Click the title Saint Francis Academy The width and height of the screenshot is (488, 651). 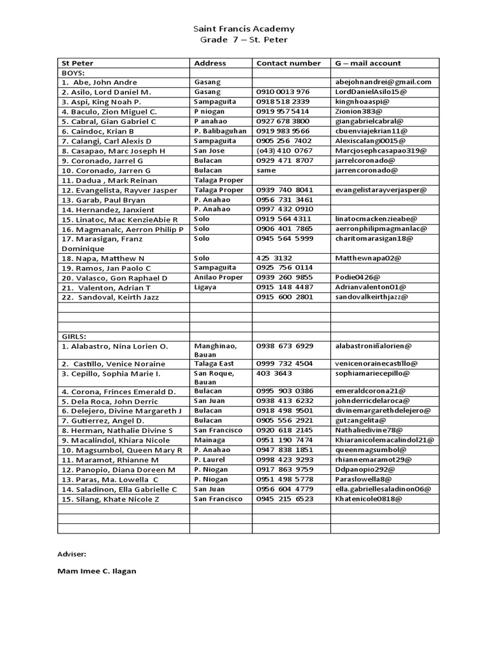pos(243,29)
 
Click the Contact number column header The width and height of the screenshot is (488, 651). pos(288,63)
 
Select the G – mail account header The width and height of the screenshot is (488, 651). pos(368,63)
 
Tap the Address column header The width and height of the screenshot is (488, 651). pos(210,63)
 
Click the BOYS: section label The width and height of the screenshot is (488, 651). pos(73,72)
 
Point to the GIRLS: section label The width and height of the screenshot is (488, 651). pos(74,336)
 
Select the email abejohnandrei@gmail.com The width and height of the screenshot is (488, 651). pos(383,82)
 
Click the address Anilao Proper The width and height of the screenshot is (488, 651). pos(219,278)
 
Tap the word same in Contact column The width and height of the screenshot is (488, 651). pos(266,170)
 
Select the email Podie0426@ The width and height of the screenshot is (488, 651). pos(358,278)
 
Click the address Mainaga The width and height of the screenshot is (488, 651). pos(209,440)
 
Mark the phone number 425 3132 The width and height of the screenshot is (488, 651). pos(274,258)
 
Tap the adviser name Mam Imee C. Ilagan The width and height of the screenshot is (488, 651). pos(97,571)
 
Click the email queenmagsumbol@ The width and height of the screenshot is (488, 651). pos(370,449)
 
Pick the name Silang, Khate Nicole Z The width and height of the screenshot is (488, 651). pos(111,499)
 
